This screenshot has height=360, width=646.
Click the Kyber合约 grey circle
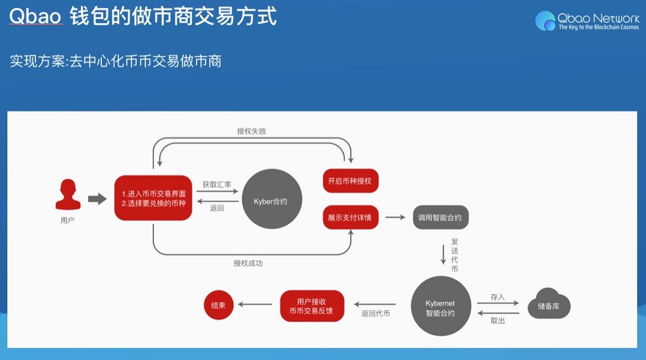pyautogui.click(x=271, y=201)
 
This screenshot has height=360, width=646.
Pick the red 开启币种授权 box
pyautogui.click(x=351, y=181)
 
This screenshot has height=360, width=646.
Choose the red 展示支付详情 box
pyautogui.click(x=351, y=217)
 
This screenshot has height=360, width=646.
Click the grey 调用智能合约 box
pyautogui.click(x=440, y=217)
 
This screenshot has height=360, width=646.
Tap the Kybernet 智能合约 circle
pyautogui.click(x=441, y=307)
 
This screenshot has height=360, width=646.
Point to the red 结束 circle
pyautogui.click(x=219, y=305)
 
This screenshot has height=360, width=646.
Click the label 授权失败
pyautogui.click(x=251, y=131)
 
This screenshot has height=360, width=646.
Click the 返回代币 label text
pyautogui.click(x=375, y=313)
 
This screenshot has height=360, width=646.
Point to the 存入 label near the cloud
pyautogui.click(x=497, y=297)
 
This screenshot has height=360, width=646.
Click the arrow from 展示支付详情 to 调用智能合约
pyautogui.click(x=396, y=217)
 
